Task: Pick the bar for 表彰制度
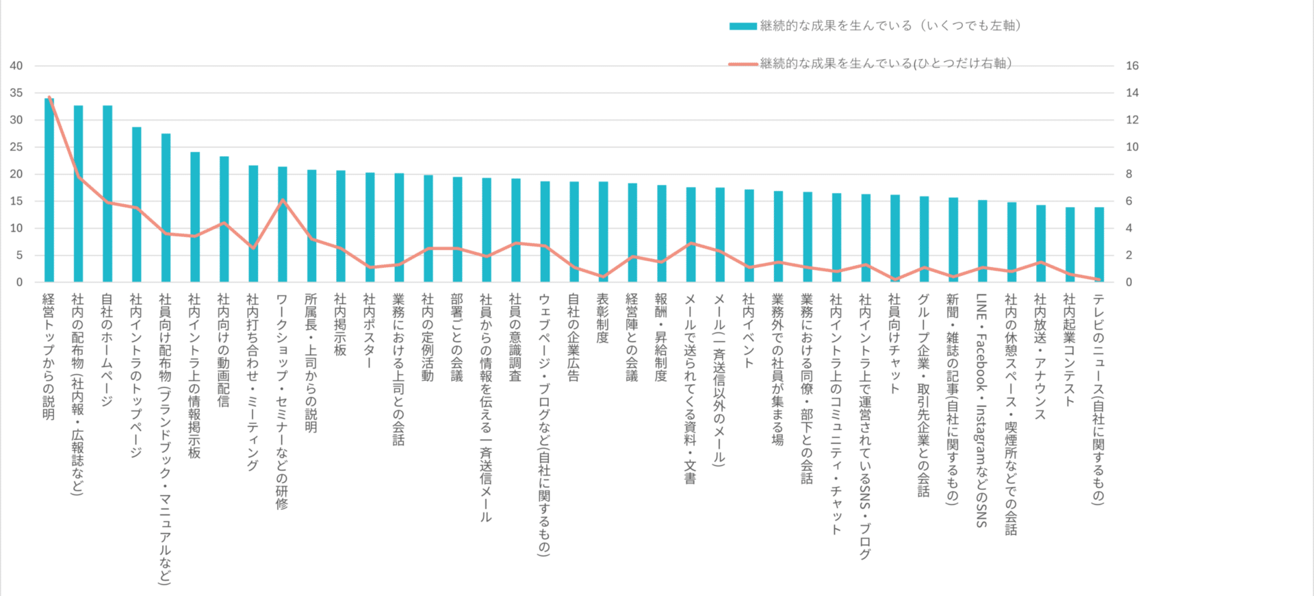click(x=603, y=232)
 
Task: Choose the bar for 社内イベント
click(x=749, y=236)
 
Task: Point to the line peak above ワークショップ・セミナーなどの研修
click(x=283, y=200)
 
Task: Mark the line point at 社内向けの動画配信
click(x=224, y=223)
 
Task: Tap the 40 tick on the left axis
click(x=16, y=66)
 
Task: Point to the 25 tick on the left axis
click(x=16, y=147)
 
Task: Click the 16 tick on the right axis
click(x=1132, y=66)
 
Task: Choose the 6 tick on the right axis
click(x=1129, y=201)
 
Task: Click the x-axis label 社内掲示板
click(x=340, y=325)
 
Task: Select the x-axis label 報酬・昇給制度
click(x=661, y=337)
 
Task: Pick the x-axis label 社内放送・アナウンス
click(x=1040, y=356)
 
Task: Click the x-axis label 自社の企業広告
click(x=574, y=337)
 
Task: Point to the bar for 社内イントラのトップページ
click(x=137, y=205)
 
